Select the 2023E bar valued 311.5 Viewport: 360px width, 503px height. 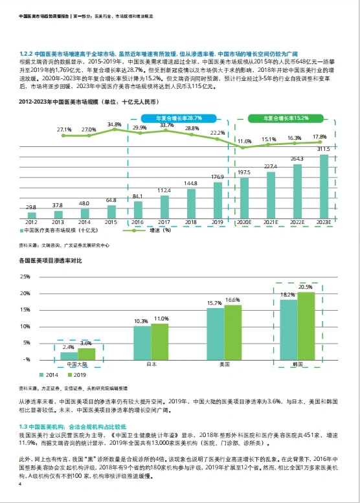[x=324, y=186]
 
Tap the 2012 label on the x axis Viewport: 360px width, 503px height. [x=31, y=221]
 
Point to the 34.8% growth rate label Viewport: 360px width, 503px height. [x=114, y=124]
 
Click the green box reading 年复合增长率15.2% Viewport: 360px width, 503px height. [x=286, y=118]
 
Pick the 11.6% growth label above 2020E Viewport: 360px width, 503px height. [x=244, y=141]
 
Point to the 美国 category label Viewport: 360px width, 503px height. [x=225, y=365]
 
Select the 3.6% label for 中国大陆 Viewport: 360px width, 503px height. [x=85, y=344]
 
